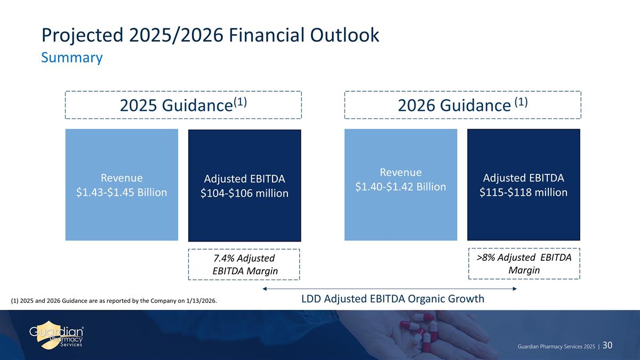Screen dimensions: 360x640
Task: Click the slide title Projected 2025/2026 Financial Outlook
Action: point(211,35)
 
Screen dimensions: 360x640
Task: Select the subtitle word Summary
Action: point(71,58)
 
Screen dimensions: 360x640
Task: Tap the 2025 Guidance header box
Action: point(183,105)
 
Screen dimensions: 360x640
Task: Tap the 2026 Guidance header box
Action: point(462,105)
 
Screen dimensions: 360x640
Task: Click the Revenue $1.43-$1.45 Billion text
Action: point(122,185)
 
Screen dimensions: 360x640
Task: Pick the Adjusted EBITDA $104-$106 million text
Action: point(244,186)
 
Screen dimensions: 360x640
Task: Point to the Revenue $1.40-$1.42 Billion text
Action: point(401,179)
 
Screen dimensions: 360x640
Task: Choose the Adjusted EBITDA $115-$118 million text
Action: point(523,185)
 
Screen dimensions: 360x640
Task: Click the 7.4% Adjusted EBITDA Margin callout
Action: point(244,265)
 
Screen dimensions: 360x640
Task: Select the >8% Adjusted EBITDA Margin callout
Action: point(523,263)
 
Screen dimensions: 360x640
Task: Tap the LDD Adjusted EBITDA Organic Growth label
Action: point(393,299)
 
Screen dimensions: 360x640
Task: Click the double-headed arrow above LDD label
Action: point(389,289)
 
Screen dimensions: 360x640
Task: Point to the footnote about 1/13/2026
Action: point(114,301)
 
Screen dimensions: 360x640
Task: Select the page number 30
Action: point(607,346)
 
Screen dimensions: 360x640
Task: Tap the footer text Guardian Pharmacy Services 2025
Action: point(556,347)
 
